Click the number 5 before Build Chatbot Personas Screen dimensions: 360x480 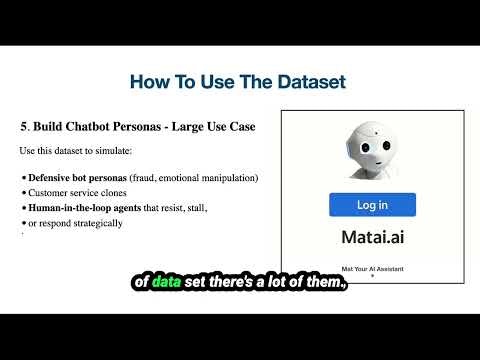[23, 127]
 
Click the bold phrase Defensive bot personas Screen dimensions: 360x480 [76, 178]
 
